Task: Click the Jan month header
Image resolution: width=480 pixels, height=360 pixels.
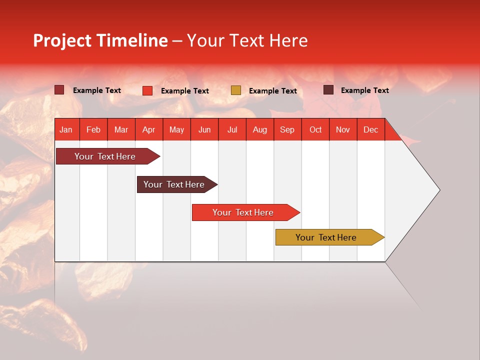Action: click(x=66, y=129)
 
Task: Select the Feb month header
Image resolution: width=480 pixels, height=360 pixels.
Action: click(x=93, y=129)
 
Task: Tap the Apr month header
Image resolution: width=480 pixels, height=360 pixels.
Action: click(x=148, y=129)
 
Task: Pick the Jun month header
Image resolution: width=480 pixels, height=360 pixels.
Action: click(x=204, y=129)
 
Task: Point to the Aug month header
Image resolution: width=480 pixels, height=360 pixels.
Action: click(x=259, y=129)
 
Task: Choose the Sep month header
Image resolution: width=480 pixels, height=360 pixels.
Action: click(x=287, y=129)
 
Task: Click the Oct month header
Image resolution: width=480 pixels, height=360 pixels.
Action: click(x=315, y=129)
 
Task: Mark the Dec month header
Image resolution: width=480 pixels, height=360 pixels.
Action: click(x=370, y=129)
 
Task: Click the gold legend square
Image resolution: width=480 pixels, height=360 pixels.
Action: click(x=236, y=90)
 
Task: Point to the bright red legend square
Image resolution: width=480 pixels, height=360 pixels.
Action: click(x=147, y=90)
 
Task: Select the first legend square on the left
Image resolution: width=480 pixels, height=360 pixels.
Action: click(x=59, y=90)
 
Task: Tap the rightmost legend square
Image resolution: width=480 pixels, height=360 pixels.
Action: click(x=328, y=90)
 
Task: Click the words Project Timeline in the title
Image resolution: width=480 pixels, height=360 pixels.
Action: click(x=100, y=40)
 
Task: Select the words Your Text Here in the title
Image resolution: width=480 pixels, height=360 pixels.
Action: click(x=247, y=40)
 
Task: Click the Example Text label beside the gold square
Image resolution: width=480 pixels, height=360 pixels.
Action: click(x=272, y=91)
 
